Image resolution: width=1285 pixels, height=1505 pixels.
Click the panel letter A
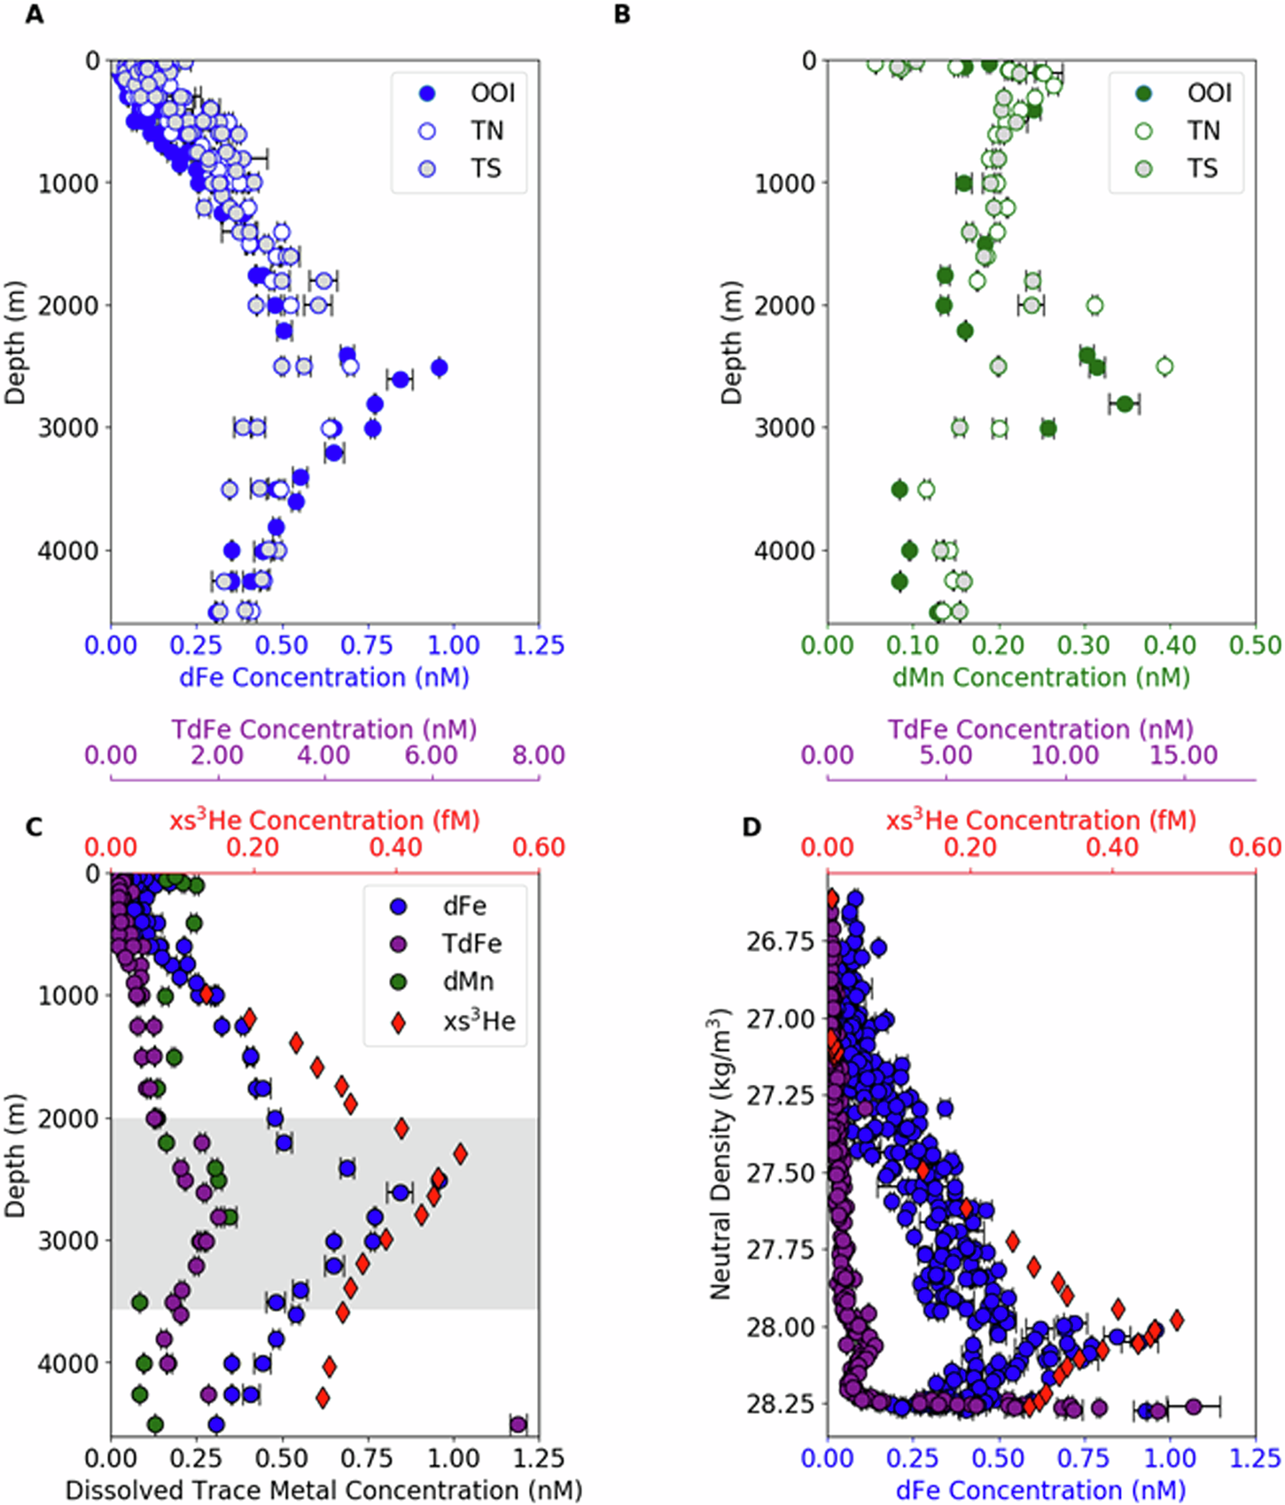coord(34,15)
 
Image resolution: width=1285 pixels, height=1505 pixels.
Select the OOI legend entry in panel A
coord(470,93)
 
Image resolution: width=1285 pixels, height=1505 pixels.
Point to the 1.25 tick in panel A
coord(538,645)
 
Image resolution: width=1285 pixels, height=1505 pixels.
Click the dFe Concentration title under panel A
coord(324,678)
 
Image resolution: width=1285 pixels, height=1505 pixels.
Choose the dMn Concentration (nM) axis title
coord(1040,678)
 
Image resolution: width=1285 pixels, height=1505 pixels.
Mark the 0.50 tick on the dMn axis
coord(1255,645)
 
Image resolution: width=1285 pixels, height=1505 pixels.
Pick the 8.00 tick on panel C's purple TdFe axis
coord(538,755)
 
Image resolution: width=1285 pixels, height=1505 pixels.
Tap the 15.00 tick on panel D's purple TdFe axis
coord(1184,755)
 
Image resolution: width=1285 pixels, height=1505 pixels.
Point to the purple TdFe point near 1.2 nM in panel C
coord(518,1425)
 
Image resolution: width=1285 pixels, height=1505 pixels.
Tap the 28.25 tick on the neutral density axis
coord(780,1404)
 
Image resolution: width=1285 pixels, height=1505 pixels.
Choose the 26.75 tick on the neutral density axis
coord(780,941)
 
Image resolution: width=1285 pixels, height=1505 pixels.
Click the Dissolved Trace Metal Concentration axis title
coord(324,1491)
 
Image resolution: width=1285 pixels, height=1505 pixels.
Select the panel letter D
coord(752,828)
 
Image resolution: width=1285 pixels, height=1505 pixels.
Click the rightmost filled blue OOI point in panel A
coord(439,367)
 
